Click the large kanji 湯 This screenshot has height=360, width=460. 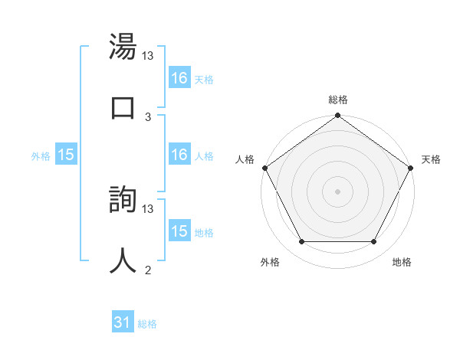[123, 47]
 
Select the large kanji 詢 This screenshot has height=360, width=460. [123, 199]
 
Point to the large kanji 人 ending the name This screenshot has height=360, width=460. [123, 260]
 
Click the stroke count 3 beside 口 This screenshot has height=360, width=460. [148, 116]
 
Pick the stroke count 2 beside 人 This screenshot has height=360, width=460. [148, 270]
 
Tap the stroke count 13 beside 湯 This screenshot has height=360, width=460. [148, 56]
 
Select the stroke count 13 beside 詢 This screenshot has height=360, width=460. [148, 208]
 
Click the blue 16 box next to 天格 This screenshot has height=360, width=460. [179, 78]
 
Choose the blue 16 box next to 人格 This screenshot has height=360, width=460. [179, 155]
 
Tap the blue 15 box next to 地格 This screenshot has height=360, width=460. [179, 231]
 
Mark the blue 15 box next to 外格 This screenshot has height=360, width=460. [66, 155]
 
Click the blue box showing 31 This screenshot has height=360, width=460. [123, 322]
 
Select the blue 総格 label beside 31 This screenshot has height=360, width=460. [147, 324]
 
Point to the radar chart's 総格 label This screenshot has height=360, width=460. [337, 100]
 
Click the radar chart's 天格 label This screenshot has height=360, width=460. [431, 159]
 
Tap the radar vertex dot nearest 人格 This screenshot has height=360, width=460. [264, 168]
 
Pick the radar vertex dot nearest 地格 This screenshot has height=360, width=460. [374, 242]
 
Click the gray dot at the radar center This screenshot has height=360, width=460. [337, 191]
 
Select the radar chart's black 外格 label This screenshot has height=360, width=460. [270, 262]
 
